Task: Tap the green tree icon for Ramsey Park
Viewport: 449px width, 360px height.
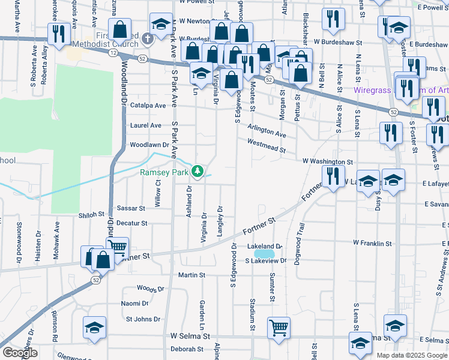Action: pyautogui.click(x=197, y=173)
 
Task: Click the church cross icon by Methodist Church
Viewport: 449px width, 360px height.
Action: pyautogui.click(x=149, y=40)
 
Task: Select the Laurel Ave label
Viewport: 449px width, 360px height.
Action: pyautogui.click(x=146, y=125)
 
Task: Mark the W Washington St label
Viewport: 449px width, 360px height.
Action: pyautogui.click(x=328, y=161)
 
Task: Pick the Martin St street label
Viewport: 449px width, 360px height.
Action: pyautogui.click(x=191, y=275)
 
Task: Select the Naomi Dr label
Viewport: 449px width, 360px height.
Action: pyautogui.click(x=134, y=304)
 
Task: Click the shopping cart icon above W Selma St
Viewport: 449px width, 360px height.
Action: pyautogui.click(x=279, y=328)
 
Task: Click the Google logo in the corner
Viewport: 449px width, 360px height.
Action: pyautogui.click(x=20, y=353)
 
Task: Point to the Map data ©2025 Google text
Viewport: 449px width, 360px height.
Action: pyautogui.click(x=412, y=355)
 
